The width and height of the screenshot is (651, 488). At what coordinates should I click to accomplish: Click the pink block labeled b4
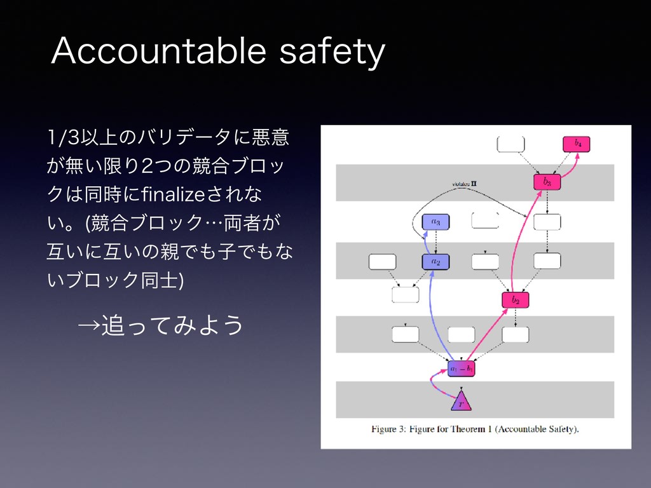point(577,144)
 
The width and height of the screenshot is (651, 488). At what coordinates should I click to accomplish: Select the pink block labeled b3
point(547,182)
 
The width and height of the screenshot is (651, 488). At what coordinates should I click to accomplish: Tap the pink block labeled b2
point(516,300)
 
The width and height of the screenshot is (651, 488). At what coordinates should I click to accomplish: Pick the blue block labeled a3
point(436,222)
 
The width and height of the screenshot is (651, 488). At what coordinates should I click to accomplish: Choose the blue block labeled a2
point(436,261)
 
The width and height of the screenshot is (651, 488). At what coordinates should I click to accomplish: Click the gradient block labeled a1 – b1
point(462,369)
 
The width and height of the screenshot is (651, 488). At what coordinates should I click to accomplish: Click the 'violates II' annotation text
point(465,184)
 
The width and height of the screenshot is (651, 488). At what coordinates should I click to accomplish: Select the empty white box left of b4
point(511,144)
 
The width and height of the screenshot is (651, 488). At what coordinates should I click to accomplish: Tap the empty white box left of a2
point(383,261)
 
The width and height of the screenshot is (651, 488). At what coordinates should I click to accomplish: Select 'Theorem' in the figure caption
point(474,429)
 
